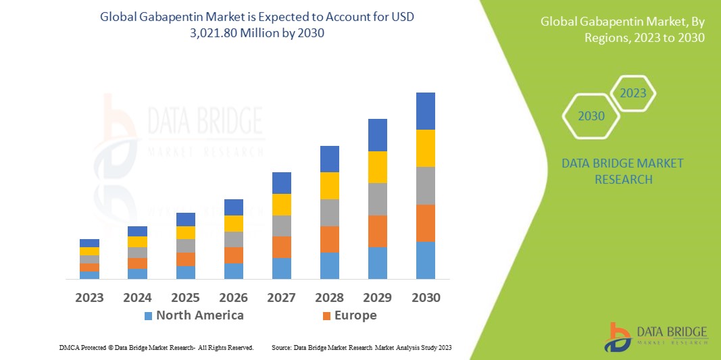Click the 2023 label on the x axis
pyautogui.click(x=89, y=297)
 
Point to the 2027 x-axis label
pyautogui.click(x=282, y=297)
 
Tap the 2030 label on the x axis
pyautogui.click(x=426, y=297)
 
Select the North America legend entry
pyautogui.click(x=193, y=315)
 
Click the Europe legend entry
pyautogui.click(x=349, y=315)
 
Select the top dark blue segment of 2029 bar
pyautogui.click(x=377, y=135)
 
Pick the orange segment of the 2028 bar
pyautogui.click(x=329, y=239)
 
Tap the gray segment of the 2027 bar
pyautogui.click(x=281, y=226)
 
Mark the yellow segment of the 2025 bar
pyautogui.click(x=185, y=232)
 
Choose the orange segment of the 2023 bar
pyautogui.click(x=89, y=267)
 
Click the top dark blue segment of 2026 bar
pyautogui.click(x=233, y=207)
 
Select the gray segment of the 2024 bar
pyautogui.click(x=137, y=253)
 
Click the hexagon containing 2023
pyautogui.click(x=633, y=93)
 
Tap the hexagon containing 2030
pyautogui.click(x=591, y=116)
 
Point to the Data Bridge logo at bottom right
pyautogui.click(x=655, y=336)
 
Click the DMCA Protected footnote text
pyautogui.click(x=156, y=347)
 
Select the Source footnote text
pyautogui.click(x=361, y=347)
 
